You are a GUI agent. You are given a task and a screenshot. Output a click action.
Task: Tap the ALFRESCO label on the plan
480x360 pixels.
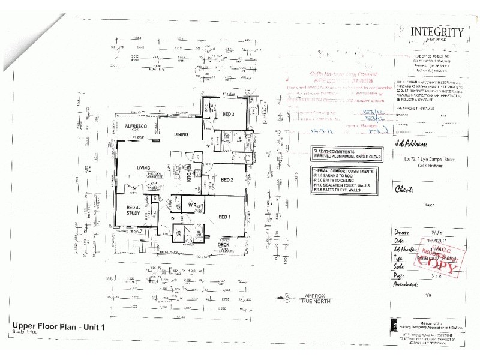click(x=136, y=127)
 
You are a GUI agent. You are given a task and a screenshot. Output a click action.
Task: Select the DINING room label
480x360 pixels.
click(x=182, y=136)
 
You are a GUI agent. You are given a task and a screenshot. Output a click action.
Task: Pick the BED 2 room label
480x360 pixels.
click(x=227, y=179)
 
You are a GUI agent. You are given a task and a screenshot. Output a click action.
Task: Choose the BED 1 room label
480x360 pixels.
click(x=224, y=217)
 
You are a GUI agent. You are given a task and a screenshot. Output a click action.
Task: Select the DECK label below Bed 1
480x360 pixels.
click(x=223, y=244)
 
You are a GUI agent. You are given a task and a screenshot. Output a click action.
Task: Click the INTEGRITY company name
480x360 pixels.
click(x=436, y=33)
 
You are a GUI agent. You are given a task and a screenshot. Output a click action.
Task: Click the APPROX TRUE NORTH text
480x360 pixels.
click(x=316, y=298)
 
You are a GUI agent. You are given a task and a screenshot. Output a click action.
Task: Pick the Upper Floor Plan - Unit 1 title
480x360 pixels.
click(x=58, y=327)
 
